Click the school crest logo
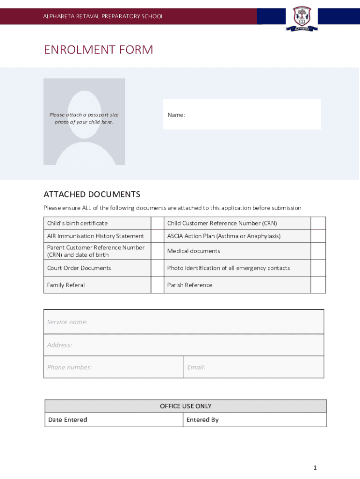[x=302, y=18]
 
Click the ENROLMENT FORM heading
[x=98, y=50]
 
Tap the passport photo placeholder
[x=84, y=122]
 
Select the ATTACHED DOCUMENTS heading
[x=92, y=194]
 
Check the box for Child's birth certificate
[x=157, y=223]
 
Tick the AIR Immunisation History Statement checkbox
[x=157, y=236]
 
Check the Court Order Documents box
[x=157, y=268]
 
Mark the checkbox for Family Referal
[x=157, y=285]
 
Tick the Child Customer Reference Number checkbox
[x=318, y=223]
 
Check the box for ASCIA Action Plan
[x=318, y=236]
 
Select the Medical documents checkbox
[x=318, y=251]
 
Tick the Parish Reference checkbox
[x=318, y=285]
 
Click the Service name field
[x=184, y=322]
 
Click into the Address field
[x=184, y=345]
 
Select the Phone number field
[x=114, y=367]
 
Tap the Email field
[x=253, y=367]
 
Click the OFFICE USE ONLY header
[x=186, y=406]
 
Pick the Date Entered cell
[x=114, y=420]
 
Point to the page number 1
[x=315, y=468]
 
